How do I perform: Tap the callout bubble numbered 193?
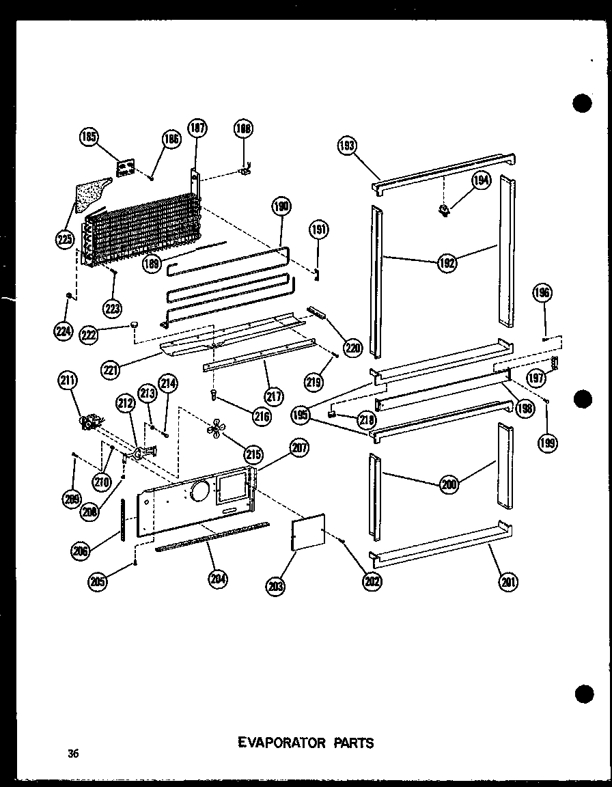click(x=348, y=145)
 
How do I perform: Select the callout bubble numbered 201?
click(x=509, y=581)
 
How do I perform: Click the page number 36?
click(x=73, y=754)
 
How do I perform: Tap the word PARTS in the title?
click(x=351, y=743)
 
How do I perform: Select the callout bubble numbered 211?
click(x=68, y=381)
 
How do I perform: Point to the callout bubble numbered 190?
click(x=281, y=207)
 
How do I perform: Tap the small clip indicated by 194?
click(x=445, y=210)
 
